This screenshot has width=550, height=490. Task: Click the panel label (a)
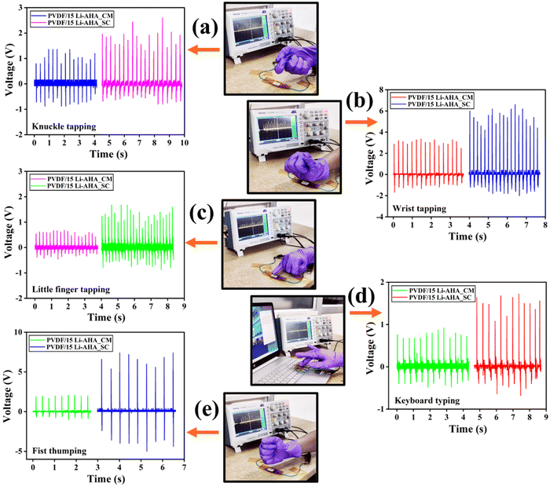[205, 28]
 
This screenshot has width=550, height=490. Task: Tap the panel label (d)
[361, 296]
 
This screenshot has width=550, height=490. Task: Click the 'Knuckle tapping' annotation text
[64, 126]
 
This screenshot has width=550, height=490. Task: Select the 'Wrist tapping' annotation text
[419, 209]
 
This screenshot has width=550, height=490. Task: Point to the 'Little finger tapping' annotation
[71, 290]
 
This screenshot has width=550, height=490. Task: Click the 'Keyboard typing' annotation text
[427, 400]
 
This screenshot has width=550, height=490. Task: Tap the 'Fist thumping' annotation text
[59, 451]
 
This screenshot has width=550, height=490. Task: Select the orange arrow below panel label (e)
[203, 433]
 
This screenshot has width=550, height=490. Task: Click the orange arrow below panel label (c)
[201, 243]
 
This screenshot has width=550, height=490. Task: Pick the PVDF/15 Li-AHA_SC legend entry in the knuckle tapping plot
[72, 23]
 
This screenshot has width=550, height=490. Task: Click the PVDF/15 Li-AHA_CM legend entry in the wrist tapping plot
[432, 97]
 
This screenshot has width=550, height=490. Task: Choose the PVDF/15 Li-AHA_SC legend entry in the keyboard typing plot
[433, 298]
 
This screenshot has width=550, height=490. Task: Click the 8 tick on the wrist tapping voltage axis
[381, 90]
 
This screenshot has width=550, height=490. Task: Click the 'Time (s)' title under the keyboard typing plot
[468, 429]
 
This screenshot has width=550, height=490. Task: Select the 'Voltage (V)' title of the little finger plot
[9, 235]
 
